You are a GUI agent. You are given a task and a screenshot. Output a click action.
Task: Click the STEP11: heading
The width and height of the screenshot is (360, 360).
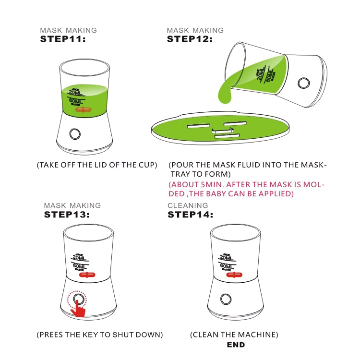pyautogui.click(x=62, y=39)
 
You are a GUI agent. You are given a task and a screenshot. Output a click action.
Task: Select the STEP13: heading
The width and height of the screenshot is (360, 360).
pyautogui.click(x=67, y=215)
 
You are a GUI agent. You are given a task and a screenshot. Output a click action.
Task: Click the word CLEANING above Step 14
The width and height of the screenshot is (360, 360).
pyautogui.click(x=188, y=205)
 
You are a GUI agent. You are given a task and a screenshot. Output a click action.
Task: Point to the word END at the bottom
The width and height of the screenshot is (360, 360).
pyautogui.click(x=236, y=345)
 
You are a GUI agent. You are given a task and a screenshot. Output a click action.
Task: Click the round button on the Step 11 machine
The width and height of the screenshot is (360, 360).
pyautogui.click(x=74, y=133)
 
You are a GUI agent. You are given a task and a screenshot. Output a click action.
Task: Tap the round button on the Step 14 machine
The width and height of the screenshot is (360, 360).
pyautogui.click(x=226, y=299)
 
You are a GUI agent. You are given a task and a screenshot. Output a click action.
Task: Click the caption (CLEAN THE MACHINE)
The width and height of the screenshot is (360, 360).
pyautogui.click(x=234, y=334)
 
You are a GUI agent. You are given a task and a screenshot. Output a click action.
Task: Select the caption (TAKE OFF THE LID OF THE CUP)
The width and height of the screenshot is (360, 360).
pyautogui.click(x=97, y=165)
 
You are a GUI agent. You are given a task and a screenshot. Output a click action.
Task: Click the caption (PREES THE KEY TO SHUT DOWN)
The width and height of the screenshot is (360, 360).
pyautogui.click(x=100, y=334)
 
